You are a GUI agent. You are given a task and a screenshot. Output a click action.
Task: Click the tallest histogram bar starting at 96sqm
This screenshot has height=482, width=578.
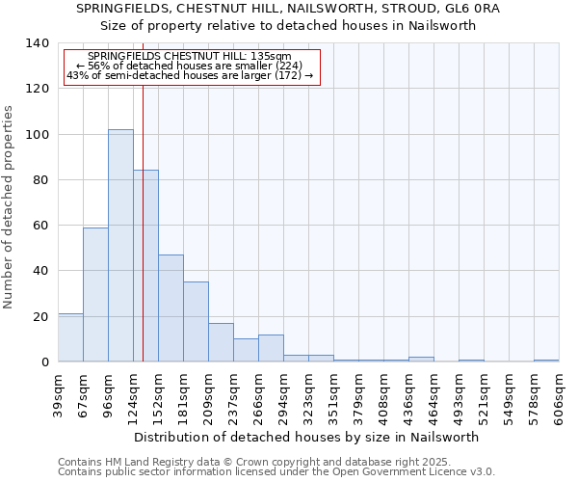tap(120, 246)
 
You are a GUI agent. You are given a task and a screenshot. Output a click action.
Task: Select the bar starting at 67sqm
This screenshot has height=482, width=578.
tap(95, 294)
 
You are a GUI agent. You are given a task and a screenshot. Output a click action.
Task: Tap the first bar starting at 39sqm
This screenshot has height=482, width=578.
tap(70, 337)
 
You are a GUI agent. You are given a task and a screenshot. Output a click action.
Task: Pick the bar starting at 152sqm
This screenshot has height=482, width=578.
tap(171, 308)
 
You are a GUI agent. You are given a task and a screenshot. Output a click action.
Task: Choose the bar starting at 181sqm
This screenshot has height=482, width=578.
tap(196, 322)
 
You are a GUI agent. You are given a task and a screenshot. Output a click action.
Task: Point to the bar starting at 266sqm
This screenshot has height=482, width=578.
tap(271, 348)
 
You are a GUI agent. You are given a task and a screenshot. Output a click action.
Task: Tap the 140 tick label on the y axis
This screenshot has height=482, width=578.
tap(37, 43)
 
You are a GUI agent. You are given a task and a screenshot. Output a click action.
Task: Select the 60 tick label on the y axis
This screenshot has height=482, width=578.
tap(40, 226)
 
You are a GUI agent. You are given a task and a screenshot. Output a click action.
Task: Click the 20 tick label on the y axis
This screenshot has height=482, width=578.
tap(40, 316)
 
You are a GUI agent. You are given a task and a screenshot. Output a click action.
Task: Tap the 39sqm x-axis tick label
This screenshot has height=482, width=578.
tap(58, 395)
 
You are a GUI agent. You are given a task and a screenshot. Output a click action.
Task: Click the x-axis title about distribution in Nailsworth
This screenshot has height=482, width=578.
tap(307, 437)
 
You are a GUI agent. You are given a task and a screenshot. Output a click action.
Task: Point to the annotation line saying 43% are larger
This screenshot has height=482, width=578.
tap(190, 75)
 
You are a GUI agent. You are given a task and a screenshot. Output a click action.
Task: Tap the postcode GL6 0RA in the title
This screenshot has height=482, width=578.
tap(474, 8)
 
